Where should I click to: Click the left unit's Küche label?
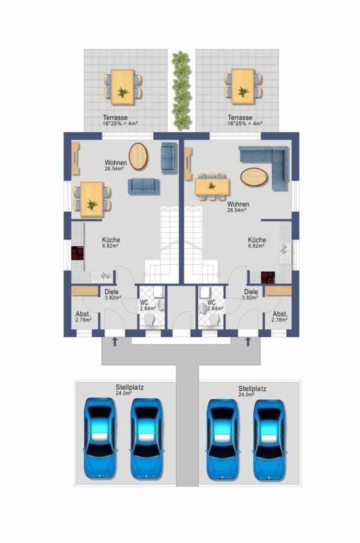111,240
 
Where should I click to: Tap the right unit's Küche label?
257,240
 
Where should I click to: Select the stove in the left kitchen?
78,253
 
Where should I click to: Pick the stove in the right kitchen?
268,277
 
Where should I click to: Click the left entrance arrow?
115,342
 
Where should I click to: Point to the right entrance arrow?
248,342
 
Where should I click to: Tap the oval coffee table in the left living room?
138,156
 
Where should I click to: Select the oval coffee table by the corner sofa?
254,177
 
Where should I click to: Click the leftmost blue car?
99,439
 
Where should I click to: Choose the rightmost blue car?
269,440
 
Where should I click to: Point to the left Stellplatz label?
130,387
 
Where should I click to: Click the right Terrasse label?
240,118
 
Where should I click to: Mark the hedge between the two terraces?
182,90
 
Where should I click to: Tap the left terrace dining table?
122,86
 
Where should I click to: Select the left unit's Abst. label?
83,314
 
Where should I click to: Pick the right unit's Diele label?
251,292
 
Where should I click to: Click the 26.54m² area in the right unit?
237,210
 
